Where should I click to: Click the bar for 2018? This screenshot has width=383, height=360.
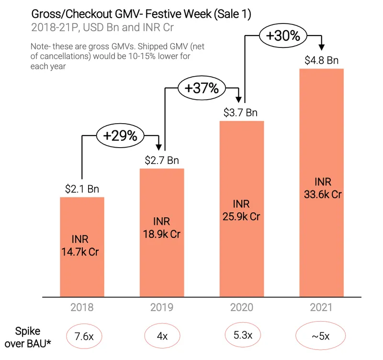(82, 247)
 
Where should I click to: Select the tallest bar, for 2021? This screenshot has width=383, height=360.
(321, 183)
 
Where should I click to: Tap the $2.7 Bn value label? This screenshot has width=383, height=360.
(162, 161)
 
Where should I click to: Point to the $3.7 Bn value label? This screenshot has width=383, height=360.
(240, 113)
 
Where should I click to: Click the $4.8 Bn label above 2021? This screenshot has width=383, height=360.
(321, 60)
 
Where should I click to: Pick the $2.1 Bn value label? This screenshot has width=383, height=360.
(82, 189)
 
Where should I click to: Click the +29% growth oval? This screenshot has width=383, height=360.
(121, 136)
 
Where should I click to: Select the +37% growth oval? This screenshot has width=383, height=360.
(202, 88)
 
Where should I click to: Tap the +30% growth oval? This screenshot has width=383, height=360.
(283, 35)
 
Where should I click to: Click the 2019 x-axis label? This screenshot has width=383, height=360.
(162, 307)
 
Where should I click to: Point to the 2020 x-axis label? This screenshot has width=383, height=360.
(242, 307)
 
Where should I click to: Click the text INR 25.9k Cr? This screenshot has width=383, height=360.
(241, 210)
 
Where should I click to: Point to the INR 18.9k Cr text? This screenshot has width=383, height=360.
(162, 228)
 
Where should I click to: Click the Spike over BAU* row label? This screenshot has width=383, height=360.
(28, 337)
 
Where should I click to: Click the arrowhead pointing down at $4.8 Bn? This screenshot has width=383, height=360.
(322, 47)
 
